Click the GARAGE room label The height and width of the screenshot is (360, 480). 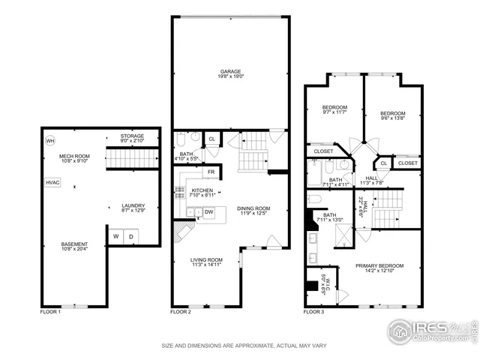[x=230, y=72]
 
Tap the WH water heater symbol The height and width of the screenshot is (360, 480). [x=50, y=140]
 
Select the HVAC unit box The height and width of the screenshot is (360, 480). [x=52, y=182]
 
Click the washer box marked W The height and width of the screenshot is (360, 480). [x=116, y=237]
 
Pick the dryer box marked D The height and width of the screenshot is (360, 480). [x=130, y=237]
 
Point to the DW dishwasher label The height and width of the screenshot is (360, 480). [x=209, y=212]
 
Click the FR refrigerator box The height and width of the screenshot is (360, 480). [x=211, y=171]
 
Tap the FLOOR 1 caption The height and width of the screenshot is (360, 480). [x=50, y=311]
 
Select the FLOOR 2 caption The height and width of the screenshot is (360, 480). [x=180, y=311]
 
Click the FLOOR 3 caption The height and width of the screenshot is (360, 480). [x=313, y=311]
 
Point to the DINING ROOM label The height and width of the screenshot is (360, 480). [x=253, y=208]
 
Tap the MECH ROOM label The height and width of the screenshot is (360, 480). [x=74, y=155]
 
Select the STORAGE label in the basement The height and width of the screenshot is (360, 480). [x=132, y=136]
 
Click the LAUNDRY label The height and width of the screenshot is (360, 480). [x=133, y=205]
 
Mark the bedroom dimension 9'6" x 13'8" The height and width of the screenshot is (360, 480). [x=392, y=118]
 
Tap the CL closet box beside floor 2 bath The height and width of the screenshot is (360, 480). [x=211, y=139]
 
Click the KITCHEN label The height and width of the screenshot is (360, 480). [x=202, y=191]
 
